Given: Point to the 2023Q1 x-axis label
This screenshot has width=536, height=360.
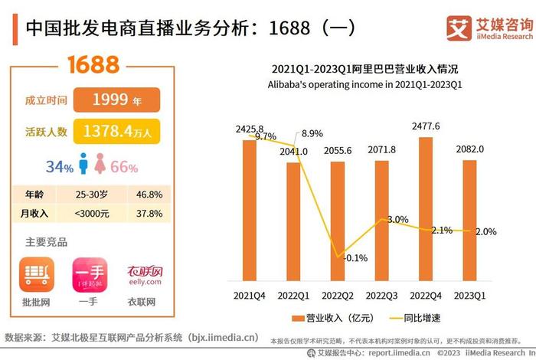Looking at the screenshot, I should tap(470, 294).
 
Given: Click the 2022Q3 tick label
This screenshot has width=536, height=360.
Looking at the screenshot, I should tap(381, 294).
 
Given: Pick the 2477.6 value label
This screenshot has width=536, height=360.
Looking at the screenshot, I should tap(425, 126).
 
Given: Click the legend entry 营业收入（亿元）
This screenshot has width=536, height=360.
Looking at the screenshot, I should tap(328, 317).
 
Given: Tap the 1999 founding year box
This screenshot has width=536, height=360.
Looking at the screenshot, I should tap(116, 100).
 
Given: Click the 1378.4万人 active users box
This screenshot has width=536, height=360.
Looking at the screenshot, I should tap(116, 132).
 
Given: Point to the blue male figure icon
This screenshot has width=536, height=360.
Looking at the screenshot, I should tap(82, 165).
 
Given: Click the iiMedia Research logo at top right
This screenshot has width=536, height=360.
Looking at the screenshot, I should tap(489, 28).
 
